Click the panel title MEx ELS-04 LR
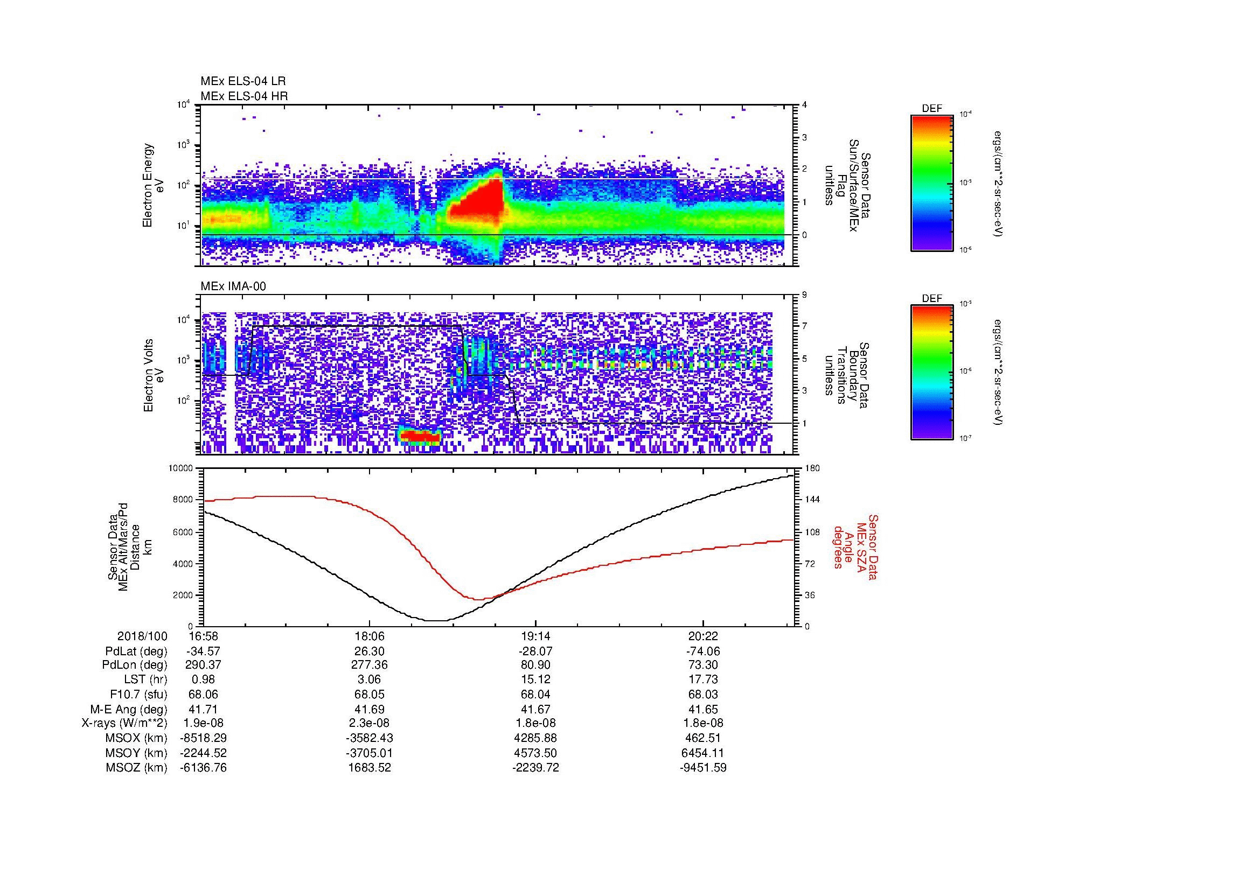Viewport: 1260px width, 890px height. click(x=242, y=81)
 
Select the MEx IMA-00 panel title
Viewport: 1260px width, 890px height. click(x=233, y=286)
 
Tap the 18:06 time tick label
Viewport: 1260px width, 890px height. click(x=370, y=636)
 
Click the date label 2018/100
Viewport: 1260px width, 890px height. click(x=142, y=636)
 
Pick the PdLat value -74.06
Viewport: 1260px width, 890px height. click(x=703, y=651)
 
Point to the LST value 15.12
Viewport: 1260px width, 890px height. click(x=535, y=679)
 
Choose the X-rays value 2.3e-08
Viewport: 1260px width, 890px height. click(x=370, y=723)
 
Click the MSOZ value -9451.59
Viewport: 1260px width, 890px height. click(x=703, y=768)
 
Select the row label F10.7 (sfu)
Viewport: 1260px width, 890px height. click(x=138, y=694)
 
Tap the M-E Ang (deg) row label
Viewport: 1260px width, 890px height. click(x=128, y=709)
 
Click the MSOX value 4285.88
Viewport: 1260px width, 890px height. click(x=535, y=738)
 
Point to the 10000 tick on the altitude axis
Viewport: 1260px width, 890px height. click(x=180, y=468)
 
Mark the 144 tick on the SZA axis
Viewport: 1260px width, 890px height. click(x=812, y=500)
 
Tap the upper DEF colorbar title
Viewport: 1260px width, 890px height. click(x=931, y=109)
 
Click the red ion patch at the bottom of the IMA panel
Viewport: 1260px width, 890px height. click(x=420, y=436)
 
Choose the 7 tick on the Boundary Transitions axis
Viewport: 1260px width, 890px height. click(x=804, y=326)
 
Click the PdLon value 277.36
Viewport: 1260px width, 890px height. click(x=370, y=664)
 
